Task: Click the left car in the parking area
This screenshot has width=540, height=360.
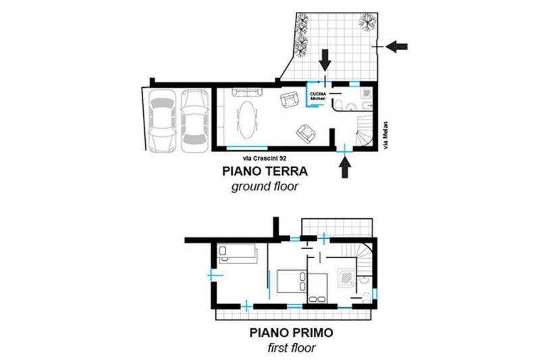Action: point(163,120)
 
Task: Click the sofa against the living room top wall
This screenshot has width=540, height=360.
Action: point(246,93)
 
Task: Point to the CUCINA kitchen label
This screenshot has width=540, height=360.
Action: point(318,95)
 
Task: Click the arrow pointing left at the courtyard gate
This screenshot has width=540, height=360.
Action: point(398,45)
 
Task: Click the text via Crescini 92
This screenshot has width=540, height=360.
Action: point(250,159)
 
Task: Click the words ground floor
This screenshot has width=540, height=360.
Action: point(259,186)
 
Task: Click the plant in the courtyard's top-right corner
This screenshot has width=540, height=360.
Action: point(368,22)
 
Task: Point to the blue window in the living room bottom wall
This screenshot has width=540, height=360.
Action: point(241,148)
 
